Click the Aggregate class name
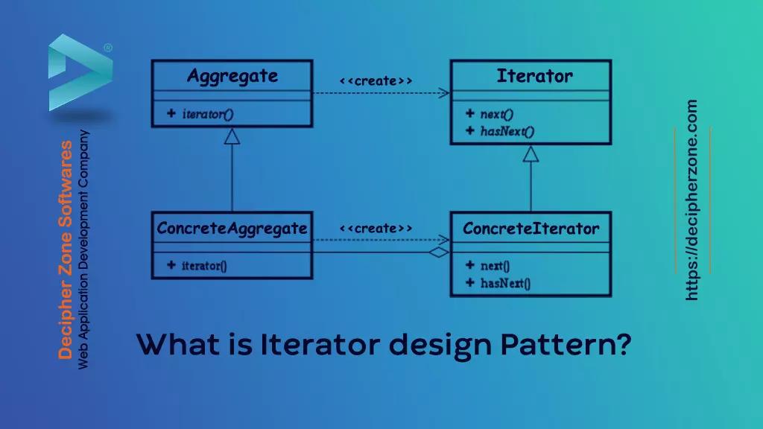click(232, 76)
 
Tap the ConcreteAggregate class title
click(232, 229)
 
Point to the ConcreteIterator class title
click(531, 229)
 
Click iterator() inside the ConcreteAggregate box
click(203, 265)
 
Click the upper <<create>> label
click(376, 80)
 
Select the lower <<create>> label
click(376, 229)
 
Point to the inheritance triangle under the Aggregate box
click(232, 136)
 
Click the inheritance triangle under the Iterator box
click(531, 154)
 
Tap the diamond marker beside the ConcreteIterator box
click(439, 252)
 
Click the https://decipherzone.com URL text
click(692, 200)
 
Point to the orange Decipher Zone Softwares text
click(66, 250)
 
